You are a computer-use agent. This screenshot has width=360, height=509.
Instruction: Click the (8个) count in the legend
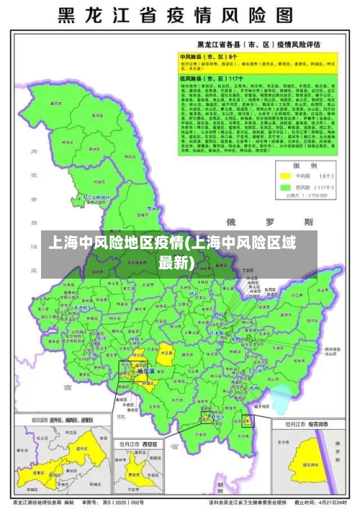pos(317,175)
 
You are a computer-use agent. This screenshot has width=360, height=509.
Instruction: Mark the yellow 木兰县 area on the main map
pos(166,354)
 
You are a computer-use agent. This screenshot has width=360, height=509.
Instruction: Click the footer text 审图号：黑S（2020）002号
pos(116,501)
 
